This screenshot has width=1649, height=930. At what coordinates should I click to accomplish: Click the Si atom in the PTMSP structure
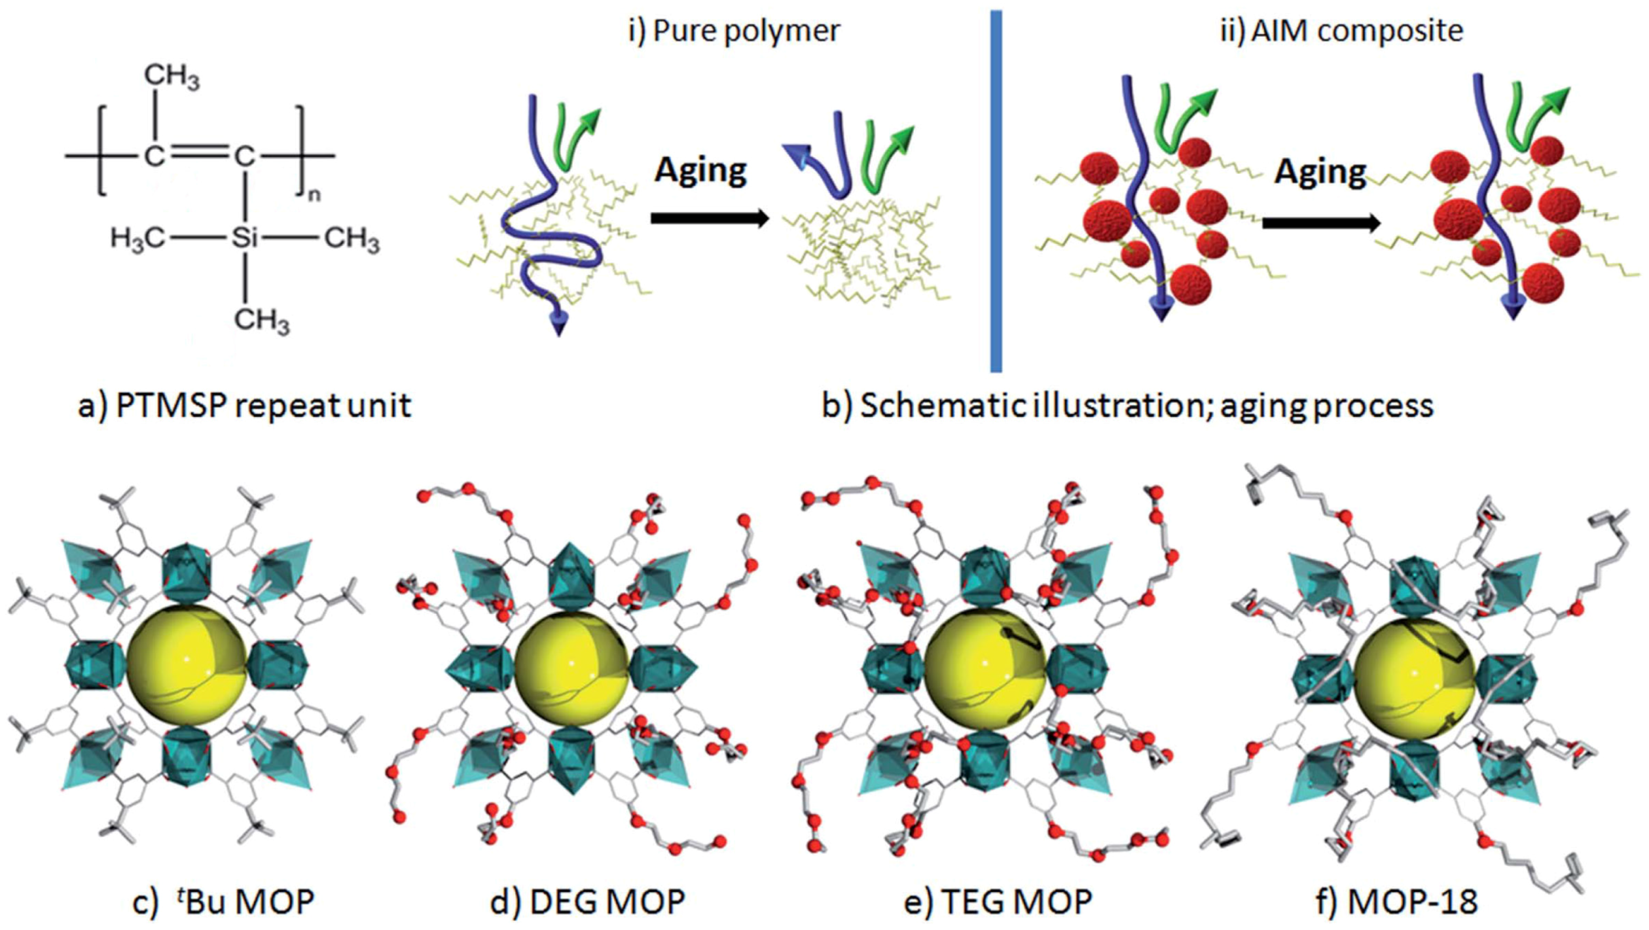(245, 238)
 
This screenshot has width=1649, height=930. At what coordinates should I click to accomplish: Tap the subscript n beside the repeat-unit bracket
(314, 195)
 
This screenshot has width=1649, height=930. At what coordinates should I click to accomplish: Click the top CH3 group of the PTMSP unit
(172, 76)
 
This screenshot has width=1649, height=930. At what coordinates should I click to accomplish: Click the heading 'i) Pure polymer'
(734, 31)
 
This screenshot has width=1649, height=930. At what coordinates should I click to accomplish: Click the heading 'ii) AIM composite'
(1341, 31)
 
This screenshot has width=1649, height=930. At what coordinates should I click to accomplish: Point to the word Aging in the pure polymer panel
(700, 170)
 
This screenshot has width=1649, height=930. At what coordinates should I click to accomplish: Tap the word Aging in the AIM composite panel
(1320, 172)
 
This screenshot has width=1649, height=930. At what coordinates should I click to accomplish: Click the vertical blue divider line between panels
(996, 190)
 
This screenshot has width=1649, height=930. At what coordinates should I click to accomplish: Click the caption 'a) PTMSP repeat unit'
(244, 405)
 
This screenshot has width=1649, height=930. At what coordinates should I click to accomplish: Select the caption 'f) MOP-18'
(1396, 901)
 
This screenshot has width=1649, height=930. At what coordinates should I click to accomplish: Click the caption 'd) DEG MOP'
(587, 901)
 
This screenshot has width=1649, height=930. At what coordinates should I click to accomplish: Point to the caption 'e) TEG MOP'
(998, 901)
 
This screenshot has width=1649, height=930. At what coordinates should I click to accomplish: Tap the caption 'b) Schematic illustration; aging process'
(1127, 405)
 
